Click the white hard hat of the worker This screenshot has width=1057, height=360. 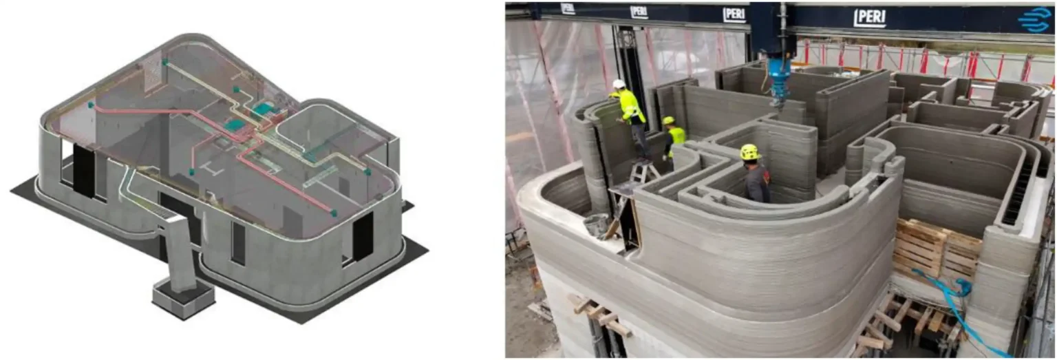tap(618, 84)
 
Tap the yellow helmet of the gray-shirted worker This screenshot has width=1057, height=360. tap(749, 152)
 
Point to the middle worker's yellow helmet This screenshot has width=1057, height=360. tap(668, 120)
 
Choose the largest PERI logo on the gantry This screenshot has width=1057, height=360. tap(870, 18)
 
